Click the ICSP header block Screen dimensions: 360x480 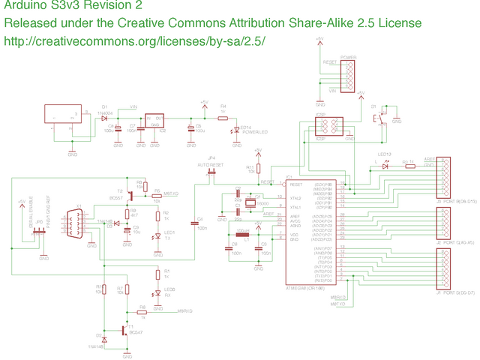pos(329,124)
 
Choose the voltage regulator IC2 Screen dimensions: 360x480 pos(155,121)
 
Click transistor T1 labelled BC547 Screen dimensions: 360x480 pos(124,308)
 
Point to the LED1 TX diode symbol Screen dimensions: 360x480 pos(157,237)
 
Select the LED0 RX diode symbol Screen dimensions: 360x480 pos(157,293)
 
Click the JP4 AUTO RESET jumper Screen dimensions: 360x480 pos(211,173)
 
